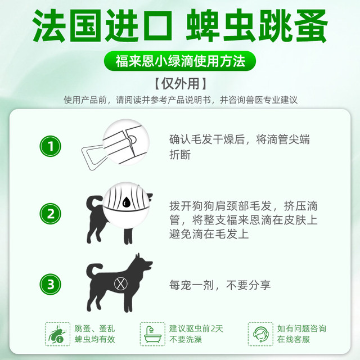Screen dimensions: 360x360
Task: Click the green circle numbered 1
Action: (52, 147)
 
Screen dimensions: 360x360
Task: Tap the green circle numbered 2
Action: (52, 214)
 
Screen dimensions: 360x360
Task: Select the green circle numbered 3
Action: (52, 284)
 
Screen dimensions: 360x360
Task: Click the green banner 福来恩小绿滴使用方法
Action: (180, 60)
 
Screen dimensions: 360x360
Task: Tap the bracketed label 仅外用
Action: (180, 83)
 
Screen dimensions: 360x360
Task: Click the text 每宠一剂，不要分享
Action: (228, 285)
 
